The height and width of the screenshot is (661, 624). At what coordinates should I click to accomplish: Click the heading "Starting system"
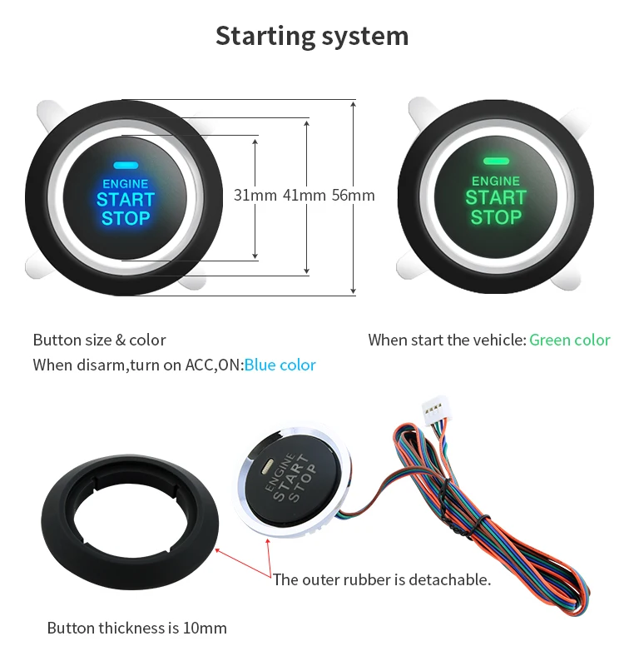(x=312, y=36)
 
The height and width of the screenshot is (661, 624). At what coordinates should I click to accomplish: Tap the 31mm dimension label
(x=255, y=196)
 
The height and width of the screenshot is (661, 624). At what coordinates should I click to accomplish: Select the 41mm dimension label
(x=304, y=196)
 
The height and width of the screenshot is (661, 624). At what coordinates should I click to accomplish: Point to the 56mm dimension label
(x=353, y=196)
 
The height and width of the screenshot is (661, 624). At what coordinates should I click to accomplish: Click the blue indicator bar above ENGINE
(x=126, y=166)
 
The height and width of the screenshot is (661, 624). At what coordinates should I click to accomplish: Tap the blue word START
(x=126, y=200)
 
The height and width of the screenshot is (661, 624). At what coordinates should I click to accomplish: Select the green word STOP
(x=496, y=218)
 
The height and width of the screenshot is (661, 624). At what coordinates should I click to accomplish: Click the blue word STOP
(x=126, y=219)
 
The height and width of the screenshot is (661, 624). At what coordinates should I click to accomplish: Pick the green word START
(x=496, y=198)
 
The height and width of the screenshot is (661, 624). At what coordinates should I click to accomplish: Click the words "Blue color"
(x=280, y=365)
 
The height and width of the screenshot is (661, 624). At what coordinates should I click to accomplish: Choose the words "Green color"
(x=570, y=340)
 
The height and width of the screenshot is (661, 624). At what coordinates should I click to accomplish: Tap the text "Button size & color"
(x=99, y=340)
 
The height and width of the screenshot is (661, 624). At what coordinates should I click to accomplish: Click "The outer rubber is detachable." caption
(x=382, y=579)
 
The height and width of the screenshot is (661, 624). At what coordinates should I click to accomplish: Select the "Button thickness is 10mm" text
(x=136, y=628)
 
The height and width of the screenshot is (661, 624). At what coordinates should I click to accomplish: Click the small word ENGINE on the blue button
(x=126, y=183)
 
